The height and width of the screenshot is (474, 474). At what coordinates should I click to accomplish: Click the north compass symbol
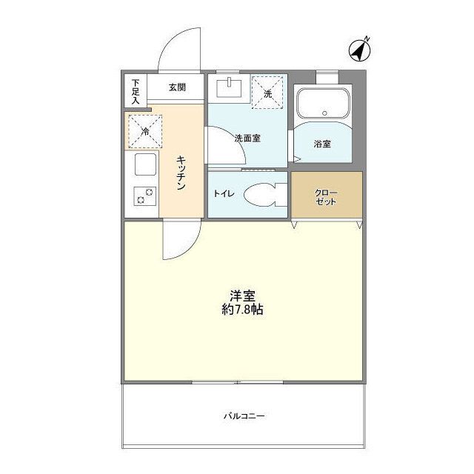(359, 50)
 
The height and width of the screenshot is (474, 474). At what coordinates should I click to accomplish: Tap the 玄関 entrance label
(176, 87)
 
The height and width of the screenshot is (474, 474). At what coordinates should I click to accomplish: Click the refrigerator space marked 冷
(144, 130)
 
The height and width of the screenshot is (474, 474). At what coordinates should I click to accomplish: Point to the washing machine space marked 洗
(268, 93)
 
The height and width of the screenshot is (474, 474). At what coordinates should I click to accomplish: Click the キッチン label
(181, 173)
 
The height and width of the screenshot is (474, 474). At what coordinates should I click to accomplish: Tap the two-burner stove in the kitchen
(144, 196)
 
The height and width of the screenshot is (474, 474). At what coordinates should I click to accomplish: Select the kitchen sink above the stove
(144, 164)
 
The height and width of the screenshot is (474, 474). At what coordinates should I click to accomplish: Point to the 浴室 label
(321, 144)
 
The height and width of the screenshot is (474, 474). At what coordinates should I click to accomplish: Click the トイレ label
(224, 194)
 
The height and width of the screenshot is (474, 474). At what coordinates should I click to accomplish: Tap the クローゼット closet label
(326, 196)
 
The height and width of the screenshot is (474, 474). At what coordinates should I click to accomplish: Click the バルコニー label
(244, 415)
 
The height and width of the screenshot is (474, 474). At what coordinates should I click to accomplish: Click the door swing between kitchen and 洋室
(181, 242)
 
